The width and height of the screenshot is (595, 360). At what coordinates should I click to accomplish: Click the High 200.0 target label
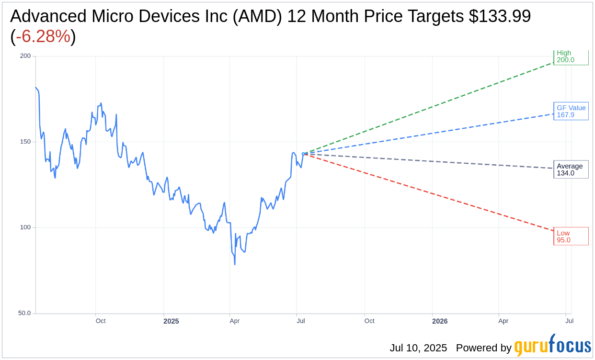coord(571,57)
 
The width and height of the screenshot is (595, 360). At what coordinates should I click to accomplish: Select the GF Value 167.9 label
coord(571,112)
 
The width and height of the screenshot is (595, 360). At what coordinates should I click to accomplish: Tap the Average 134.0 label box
coord(571,169)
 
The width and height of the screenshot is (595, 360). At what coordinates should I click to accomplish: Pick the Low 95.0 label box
coord(571,236)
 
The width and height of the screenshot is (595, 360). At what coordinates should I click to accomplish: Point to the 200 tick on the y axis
coord(25,56)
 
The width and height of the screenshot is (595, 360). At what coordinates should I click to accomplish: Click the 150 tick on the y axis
coord(25,142)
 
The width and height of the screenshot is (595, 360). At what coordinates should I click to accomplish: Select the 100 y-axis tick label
coord(25,227)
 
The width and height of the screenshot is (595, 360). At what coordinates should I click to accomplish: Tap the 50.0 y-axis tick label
coord(24,313)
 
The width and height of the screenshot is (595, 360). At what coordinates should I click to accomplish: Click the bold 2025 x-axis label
coord(171,321)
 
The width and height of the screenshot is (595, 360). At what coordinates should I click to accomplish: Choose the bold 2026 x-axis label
coord(439,321)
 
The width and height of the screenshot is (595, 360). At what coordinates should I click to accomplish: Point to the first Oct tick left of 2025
coord(101,321)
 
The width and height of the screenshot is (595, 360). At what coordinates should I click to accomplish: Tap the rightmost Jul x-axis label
coord(569,321)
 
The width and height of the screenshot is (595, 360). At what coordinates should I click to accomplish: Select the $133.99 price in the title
coord(500,16)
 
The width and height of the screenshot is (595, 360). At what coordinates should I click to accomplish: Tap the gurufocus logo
coord(552,345)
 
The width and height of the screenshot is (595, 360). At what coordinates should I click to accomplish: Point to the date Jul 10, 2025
coord(418,348)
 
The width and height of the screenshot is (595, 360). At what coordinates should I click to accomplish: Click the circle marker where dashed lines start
coord(303,154)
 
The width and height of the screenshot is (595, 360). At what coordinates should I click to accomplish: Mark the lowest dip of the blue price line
coord(235,264)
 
